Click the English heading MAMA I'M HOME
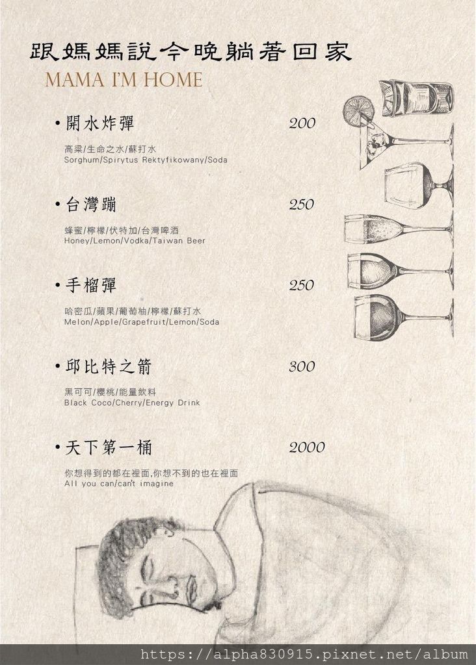point(124,80)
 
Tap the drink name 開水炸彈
point(99,123)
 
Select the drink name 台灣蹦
point(91,205)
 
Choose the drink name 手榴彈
point(91,285)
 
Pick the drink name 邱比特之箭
point(109,366)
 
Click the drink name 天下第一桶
point(109,447)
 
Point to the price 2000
point(306,447)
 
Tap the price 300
point(302,366)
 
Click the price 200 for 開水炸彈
point(302,123)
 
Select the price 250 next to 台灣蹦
point(302,205)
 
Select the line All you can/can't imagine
point(119,483)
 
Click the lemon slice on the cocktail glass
point(359,108)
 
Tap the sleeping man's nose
point(172,583)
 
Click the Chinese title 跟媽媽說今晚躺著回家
point(191,52)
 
